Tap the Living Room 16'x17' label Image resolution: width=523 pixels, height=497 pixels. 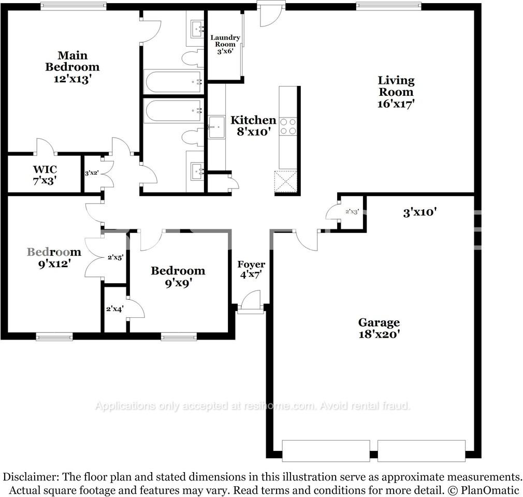pyautogui.click(x=396, y=92)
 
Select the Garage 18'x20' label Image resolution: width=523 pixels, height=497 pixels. pyautogui.click(x=380, y=328)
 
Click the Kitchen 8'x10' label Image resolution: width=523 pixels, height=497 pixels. pyautogui.click(x=253, y=126)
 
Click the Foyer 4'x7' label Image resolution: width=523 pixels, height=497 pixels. pyautogui.click(x=251, y=270)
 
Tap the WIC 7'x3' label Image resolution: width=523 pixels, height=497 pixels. pyautogui.click(x=45, y=175)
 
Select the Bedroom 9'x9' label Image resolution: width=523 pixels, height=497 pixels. pyautogui.click(x=178, y=276)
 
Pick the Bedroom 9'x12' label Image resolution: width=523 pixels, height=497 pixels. pyautogui.click(x=54, y=257)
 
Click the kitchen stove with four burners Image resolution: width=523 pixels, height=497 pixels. pyautogui.click(x=288, y=126)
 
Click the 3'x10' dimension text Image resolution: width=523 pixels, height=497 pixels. pyautogui.click(x=420, y=212)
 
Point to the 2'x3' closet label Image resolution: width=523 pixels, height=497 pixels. pyautogui.click(x=352, y=211)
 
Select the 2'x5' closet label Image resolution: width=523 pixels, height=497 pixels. pyautogui.click(x=114, y=257)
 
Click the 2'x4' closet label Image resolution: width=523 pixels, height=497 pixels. pyautogui.click(x=115, y=309)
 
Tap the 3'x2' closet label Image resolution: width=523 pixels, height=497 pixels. pyautogui.click(x=92, y=173)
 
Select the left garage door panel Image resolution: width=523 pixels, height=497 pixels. pyautogui.click(x=326, y=450)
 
